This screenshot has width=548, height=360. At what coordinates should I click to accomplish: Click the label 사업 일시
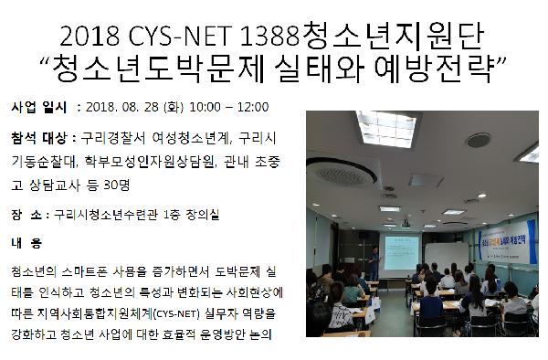point(37,107)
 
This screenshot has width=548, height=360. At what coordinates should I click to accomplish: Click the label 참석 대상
point(37,139)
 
